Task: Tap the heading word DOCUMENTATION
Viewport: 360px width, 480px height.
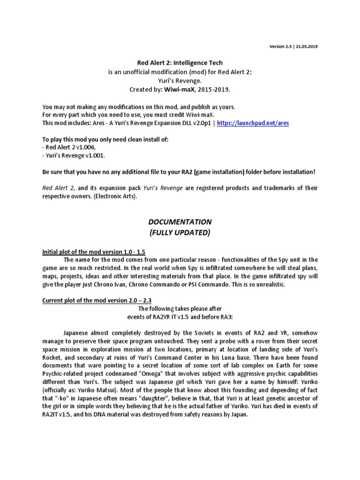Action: (x=180, y=222)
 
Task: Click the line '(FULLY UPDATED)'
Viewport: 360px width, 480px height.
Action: (x=180, y=233)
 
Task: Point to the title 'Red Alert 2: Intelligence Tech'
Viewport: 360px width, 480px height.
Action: (x=180, y=62)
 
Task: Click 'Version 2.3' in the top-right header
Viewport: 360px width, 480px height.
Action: (x=280, y=47)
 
